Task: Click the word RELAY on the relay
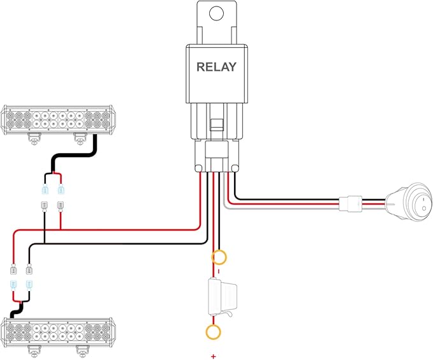(x=217, y=66)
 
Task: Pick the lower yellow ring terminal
(x=214, y=332)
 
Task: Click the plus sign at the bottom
(x=214, y=354)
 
